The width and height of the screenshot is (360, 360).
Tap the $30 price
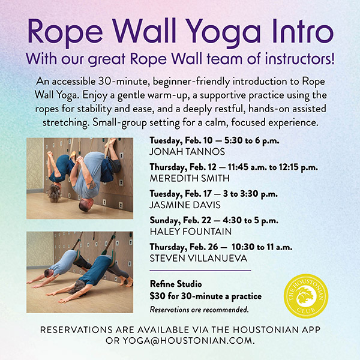(157, 296)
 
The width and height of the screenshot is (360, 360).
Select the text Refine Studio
(175, 285)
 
